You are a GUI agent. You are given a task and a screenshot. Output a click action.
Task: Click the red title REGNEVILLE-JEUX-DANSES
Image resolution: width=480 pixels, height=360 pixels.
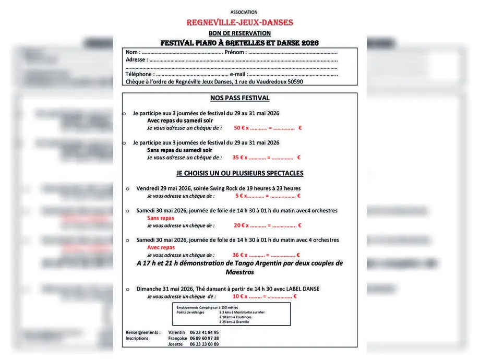[240, 22]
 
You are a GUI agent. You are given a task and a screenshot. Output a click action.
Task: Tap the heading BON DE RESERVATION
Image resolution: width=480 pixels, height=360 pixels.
[239, 33]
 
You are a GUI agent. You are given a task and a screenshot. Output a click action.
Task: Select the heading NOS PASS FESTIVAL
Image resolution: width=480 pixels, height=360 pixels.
[240, 98]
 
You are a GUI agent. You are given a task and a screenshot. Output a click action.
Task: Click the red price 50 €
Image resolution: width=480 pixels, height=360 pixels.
[239, 128]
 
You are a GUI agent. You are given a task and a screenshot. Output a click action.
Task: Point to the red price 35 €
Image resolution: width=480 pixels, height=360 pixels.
[238, 158]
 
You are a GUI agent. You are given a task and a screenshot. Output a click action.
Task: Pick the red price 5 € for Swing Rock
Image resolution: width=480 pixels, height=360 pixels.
[239, 196]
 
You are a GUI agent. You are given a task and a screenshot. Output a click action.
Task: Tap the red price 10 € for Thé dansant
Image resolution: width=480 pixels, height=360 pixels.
[238, 296]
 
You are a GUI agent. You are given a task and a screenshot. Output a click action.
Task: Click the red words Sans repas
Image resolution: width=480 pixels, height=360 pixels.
[161, 218]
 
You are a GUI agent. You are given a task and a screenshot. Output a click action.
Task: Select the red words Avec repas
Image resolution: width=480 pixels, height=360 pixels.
[161, 248]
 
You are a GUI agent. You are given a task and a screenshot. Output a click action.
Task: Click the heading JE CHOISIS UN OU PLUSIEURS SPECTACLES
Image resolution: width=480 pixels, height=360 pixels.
[240, 173]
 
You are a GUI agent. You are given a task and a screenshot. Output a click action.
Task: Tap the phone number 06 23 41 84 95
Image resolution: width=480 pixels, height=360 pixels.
[204, 332]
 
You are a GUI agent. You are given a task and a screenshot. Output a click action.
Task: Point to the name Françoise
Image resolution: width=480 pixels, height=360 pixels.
[177, 339]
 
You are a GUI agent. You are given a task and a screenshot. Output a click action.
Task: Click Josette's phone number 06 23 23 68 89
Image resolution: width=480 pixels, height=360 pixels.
[204, 344]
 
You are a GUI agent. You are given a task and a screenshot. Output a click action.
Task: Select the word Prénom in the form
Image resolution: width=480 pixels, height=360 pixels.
[234, 52]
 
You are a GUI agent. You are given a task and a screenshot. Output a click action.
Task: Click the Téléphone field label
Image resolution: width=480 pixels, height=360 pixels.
[139, 74]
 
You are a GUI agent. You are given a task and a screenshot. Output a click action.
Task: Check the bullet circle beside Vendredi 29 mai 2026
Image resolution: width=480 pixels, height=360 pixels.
[128, 188]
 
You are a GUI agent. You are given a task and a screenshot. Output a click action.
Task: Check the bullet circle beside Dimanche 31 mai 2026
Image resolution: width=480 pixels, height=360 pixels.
[128, 289]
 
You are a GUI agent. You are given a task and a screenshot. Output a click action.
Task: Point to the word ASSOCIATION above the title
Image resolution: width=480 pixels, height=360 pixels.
[244, 12]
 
